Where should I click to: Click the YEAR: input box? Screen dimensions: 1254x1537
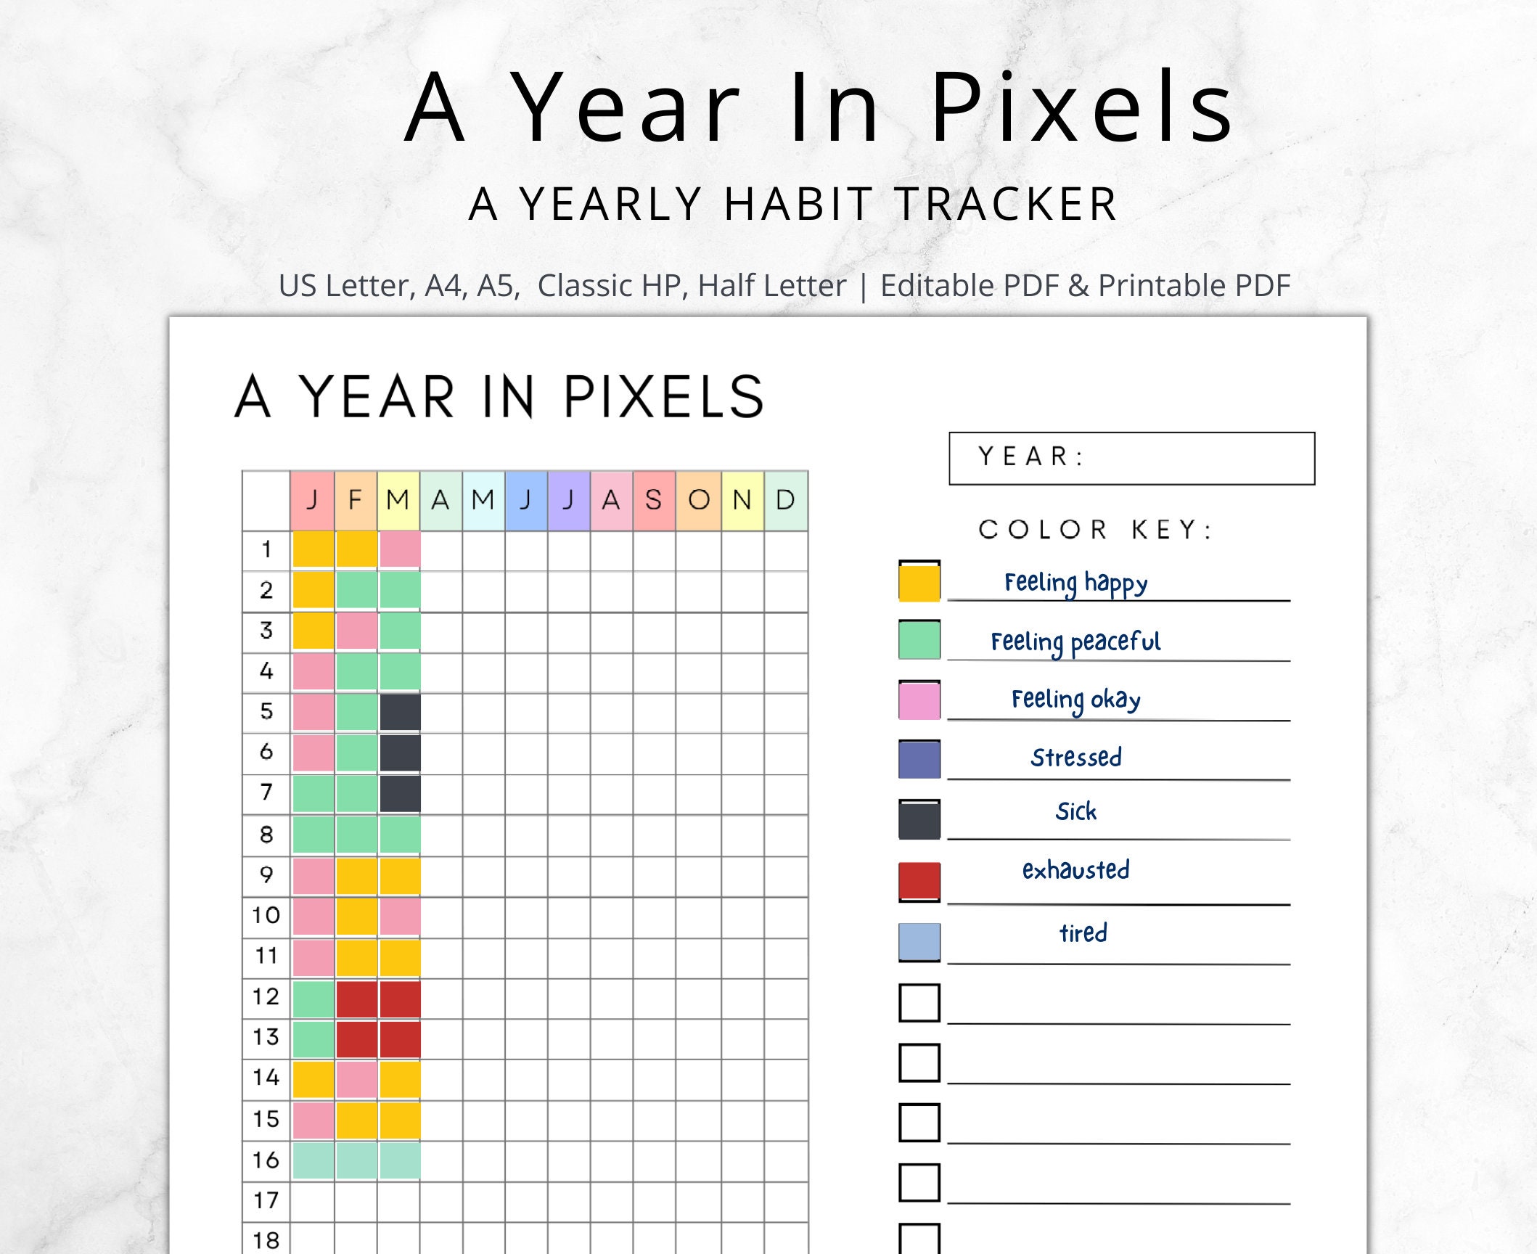1131,458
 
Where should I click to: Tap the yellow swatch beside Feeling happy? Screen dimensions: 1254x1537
919,581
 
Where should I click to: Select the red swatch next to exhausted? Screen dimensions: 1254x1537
919,881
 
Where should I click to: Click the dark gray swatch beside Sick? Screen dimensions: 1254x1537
919,819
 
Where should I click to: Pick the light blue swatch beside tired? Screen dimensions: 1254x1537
919,941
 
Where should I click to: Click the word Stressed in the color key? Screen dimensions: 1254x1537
1075,758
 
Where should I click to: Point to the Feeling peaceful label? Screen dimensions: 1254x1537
1075,642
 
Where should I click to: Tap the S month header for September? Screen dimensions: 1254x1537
654,500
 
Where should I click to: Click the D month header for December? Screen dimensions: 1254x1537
785,500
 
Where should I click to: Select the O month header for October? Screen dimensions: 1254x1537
698,500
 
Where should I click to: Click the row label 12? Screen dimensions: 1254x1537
266,996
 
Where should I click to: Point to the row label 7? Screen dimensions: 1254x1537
266,792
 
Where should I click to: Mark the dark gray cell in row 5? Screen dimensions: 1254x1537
400,711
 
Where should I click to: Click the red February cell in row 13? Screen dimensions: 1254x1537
356,1038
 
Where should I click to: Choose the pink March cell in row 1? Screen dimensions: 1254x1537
400,549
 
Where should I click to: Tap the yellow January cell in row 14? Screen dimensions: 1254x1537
313,1078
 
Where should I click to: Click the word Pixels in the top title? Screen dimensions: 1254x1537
1081,109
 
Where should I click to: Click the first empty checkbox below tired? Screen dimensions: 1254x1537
919,1002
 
